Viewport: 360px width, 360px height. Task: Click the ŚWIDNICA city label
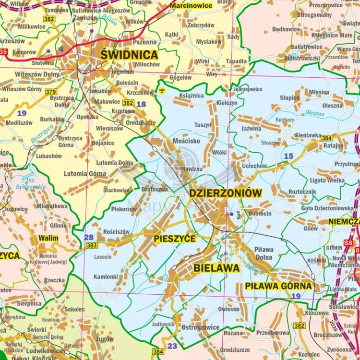click(x=129, y=54)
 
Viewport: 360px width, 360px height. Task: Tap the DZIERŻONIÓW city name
click(x=226, y=193)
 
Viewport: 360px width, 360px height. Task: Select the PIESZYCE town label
click(x=175, y=239)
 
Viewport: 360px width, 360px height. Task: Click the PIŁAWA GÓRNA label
click(x=278, y=286)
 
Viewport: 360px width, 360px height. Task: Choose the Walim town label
click(x=48, y=238)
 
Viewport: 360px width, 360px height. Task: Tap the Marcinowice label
click(x=191, y=6)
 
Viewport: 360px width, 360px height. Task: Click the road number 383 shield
click(x=91, y=245)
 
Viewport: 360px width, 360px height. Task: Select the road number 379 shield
click(x=51, y=92)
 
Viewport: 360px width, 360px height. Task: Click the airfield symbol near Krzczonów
click(x=162, y=90)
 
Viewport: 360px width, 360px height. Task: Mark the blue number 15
click(x=288, y=156)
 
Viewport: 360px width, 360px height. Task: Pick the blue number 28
click(x=89, y=237)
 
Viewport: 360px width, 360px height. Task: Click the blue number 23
click(x=172, y=346)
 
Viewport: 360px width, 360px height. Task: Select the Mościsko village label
click(x=187, y=141)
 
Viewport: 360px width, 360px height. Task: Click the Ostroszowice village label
click(x=200, y=327)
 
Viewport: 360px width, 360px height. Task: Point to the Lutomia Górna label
click(x=85, y=173)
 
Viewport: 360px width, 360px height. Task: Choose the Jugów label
click(x=105, y=339)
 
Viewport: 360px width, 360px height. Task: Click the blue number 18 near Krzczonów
click(x=141, y=104)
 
